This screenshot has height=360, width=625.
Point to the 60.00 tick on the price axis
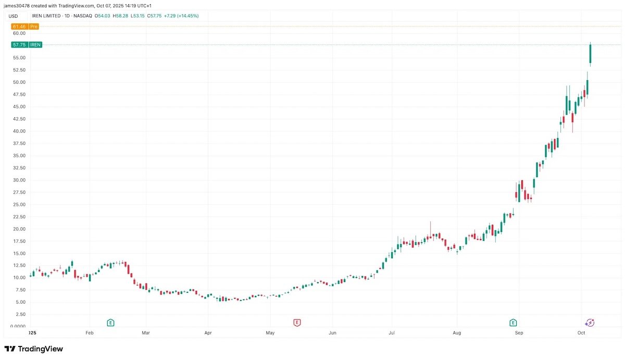(x=19, y=33)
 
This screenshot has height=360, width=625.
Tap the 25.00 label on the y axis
(x=19, y=205)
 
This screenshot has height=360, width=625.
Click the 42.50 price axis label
(x=19, y=119)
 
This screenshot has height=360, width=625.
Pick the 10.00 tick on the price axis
(x=19, y=278)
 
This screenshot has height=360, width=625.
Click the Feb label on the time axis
(x=89, y=332)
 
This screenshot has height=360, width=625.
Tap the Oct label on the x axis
(x=581, y=332)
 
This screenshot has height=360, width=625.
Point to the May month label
(x=270, y=332)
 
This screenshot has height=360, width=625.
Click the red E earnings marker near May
(x=297, y=322)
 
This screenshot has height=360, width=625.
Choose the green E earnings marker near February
(x=110, y=322)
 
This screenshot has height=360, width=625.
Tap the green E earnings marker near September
(x=514, y=322)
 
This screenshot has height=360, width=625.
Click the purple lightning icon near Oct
(x=590, y=322)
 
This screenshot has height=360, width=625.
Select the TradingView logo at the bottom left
(x=34, y=349)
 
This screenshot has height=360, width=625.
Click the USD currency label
(x=13, y=16)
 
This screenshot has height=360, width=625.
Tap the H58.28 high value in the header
(x=120, y=16)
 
